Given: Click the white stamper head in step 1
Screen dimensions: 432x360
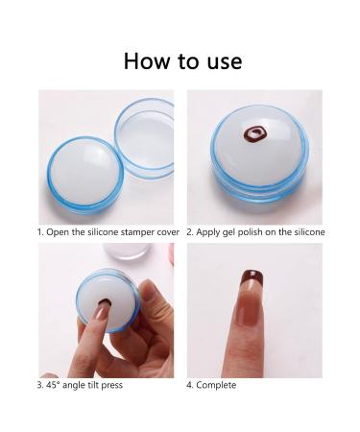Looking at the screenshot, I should tap(77, 179).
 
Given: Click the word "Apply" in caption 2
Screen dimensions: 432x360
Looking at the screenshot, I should tap(211, 231).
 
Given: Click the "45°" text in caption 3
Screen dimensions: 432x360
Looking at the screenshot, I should tap(55, 384).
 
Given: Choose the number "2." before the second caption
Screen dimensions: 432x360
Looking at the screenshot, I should tap(190, 231).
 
